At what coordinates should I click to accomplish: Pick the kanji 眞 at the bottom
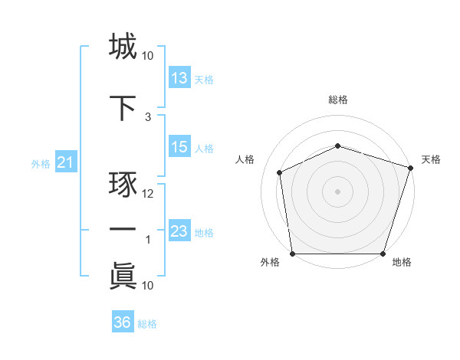(123, 275)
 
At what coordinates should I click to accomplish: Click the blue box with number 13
(179, 78)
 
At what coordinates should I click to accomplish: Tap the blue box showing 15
(179, 147)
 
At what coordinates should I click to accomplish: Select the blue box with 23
(179, 231)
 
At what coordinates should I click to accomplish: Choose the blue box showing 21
(65, 162)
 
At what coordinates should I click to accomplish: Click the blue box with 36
(122, 322)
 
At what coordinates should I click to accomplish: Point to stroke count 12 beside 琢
(148, 194)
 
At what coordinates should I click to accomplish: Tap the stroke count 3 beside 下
(148, 117)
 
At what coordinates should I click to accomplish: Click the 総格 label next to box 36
(147, 324)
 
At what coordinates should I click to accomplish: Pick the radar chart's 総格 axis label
(338, 100)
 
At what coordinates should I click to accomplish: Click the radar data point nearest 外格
(292, 254)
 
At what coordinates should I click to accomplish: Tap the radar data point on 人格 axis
(280, 172)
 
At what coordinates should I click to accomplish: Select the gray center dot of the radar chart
(338, 191)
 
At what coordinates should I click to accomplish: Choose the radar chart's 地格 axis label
(402, 263)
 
